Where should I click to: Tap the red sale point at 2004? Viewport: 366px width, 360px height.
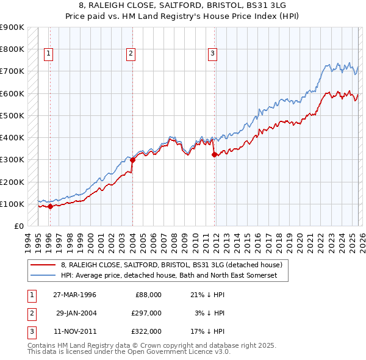tap(132, 160)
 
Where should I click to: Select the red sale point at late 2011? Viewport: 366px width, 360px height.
tap(214, 154)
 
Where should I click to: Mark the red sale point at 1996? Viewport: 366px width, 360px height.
tap(51, 206)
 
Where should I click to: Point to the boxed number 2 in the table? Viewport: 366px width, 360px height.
tap(30, 313)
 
